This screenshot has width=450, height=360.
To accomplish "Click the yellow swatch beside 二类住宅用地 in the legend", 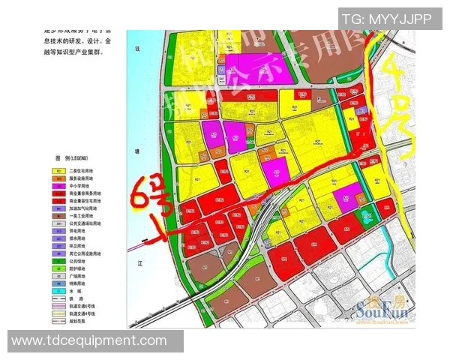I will pyautogui.click(x=58, y=171).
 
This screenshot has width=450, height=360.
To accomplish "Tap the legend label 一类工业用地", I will pyautogui.click(x=82, y=216).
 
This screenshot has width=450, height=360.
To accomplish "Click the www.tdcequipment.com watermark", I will pyautogui.click(x=89, y=341).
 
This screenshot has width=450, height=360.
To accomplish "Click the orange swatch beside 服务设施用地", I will pyautogui.click(x=58, y=178).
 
